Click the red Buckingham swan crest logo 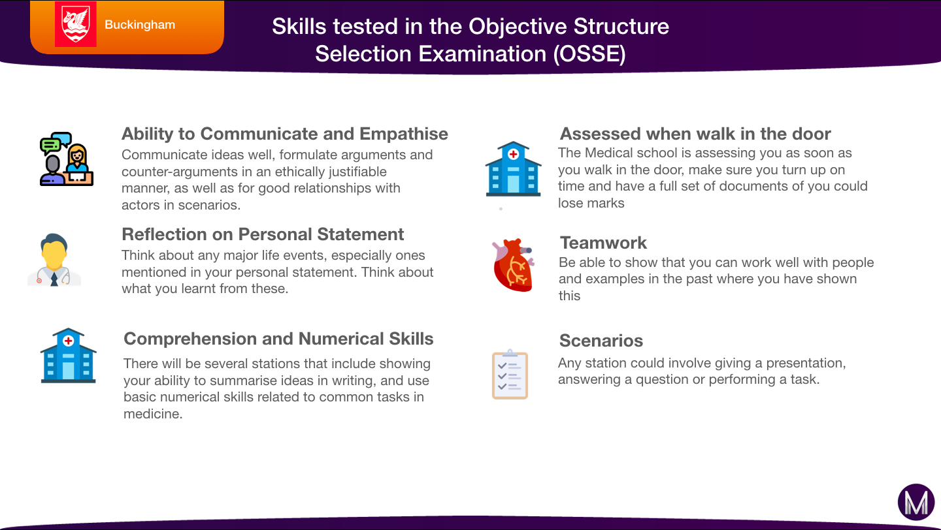pos(76,24)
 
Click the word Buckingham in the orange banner pos(140,25)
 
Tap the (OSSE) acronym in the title pos(589,54)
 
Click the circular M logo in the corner pos(916,502)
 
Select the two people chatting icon pos(67,159)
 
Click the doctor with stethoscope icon pos(54,260)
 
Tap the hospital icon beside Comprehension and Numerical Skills pos(69,356)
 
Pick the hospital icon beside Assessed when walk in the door pos(514,168)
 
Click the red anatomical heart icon pos(514,265)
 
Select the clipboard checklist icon pos(510,374)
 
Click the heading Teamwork pos(603,243)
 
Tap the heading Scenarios pos(601,340)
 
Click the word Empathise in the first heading pos(404,134)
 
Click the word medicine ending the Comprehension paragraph pos(153,414)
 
